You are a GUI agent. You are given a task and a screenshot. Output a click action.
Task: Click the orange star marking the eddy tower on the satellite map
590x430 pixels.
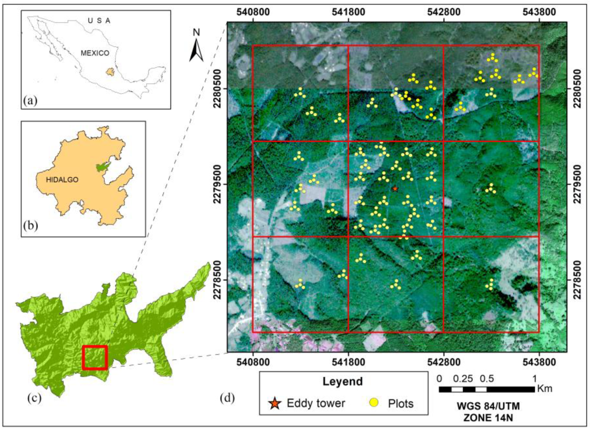pos(395,188)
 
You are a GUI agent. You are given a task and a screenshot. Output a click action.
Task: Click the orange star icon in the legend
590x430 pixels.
pos(275,403)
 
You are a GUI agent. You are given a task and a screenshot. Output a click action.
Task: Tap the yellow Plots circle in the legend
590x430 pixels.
pos(374,403)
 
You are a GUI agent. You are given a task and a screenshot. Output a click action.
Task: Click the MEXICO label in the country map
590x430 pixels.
pos(95,53)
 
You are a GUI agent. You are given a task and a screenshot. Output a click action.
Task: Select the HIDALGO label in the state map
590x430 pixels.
pos(62,180)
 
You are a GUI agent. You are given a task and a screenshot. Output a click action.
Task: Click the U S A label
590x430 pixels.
pos(99,21)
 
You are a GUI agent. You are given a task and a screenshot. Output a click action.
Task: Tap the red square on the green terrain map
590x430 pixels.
pos(95,358)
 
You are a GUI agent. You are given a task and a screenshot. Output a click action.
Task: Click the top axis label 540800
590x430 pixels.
pos(253,12)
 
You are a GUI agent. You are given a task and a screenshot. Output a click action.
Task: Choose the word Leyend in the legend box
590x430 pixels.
pos(342,381)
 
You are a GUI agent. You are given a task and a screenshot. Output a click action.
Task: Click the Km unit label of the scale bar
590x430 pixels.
pos(545,388)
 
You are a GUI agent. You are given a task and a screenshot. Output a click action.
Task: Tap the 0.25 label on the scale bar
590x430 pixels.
pos(463,379)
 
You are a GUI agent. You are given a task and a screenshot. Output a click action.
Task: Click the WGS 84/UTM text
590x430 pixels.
pos(488,406)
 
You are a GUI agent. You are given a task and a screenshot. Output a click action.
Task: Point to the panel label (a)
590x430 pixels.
pos(30,100)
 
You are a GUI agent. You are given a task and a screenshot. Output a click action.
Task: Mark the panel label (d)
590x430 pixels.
pos(227,398)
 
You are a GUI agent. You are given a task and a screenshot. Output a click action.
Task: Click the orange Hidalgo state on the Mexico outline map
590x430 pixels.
pos(109,72)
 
